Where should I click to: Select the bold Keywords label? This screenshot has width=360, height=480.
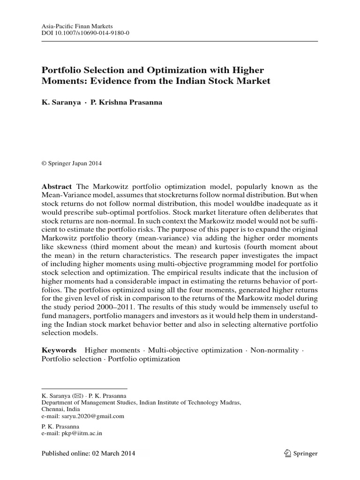[x=59, y=350]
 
